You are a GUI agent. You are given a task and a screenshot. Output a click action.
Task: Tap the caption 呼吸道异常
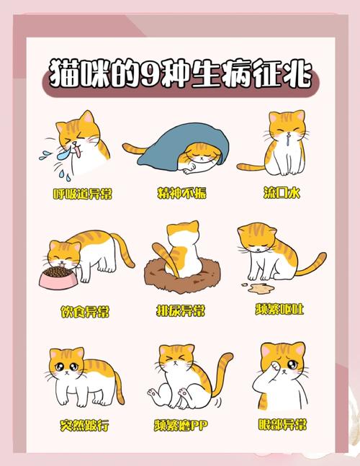[x=83, y=194]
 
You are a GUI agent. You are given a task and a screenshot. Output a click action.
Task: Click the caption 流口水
[x=280, y=194]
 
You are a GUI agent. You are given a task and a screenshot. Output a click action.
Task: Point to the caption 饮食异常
[x=85, y=311]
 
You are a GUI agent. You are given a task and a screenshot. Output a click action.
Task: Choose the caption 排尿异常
[x=181, y=311]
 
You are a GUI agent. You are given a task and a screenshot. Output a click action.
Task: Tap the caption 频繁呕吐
[x=280, y=310]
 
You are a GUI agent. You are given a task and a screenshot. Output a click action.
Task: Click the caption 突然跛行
[x=85, y=426]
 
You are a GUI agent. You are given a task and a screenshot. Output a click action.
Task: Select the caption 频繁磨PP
[x=181, y=426]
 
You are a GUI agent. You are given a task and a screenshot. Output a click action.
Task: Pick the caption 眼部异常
[x=280, y=425]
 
